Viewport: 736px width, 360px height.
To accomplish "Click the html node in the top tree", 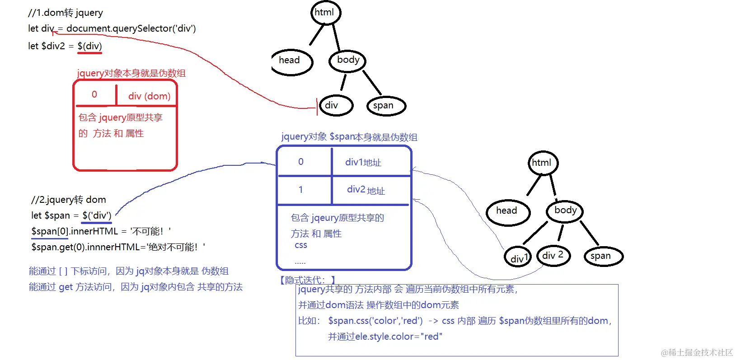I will coord(325,13).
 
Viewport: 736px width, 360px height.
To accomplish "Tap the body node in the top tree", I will coord(347,61).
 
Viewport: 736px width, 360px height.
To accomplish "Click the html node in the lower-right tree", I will coord(543,163).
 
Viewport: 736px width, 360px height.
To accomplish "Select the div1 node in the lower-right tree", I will coord(518,257).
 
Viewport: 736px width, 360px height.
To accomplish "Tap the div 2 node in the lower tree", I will coord(553,256).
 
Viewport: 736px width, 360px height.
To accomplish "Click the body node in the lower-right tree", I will coord(565,210).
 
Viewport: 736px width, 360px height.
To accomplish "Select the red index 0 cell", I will coord(94,94).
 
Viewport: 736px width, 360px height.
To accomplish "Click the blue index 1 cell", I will coord(301,190).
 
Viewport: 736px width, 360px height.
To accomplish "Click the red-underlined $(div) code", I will coord(89,46).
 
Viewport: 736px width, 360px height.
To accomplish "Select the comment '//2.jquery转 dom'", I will coord(69,200).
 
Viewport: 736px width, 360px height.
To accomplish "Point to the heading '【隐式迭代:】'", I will coord(308,280).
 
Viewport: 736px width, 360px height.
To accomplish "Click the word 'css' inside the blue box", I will coord(301,245).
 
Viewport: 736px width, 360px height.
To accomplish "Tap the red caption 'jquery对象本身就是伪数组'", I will coord(131,73).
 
